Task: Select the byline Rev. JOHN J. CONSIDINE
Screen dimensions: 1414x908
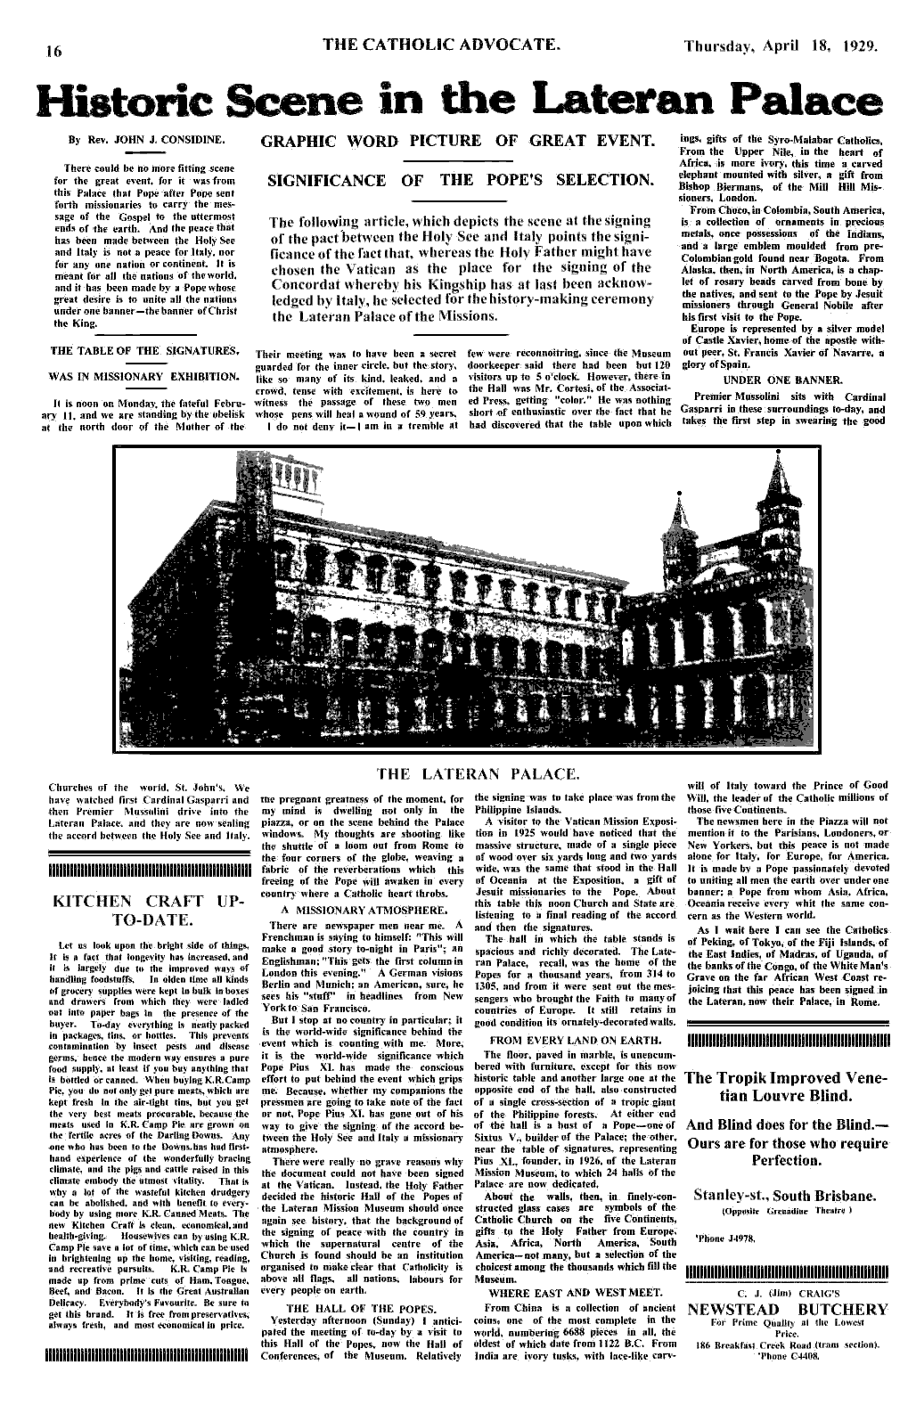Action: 165,140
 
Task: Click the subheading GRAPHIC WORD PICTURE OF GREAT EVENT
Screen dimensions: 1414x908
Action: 456,142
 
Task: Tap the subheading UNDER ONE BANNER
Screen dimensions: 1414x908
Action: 784,378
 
